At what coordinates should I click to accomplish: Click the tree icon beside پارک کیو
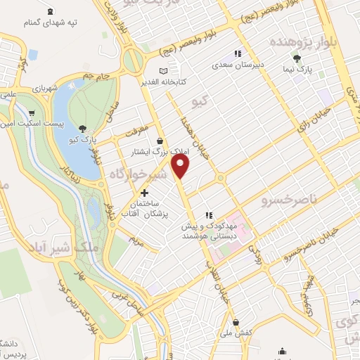point(84,128)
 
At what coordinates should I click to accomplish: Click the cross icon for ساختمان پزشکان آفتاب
point(144,192)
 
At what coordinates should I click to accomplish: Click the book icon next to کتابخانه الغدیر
point(163,71)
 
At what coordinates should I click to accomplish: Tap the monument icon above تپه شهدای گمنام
point(51,11)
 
